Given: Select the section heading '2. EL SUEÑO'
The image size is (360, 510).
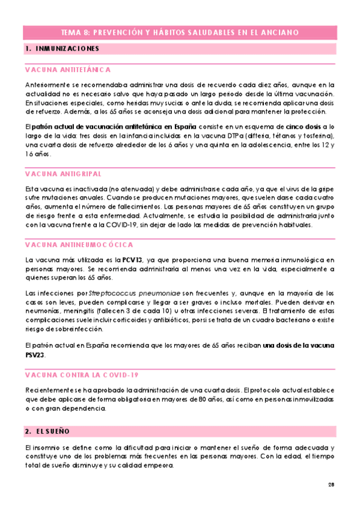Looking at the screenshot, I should (48, 431).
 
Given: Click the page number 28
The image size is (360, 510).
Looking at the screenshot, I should (331, 485).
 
